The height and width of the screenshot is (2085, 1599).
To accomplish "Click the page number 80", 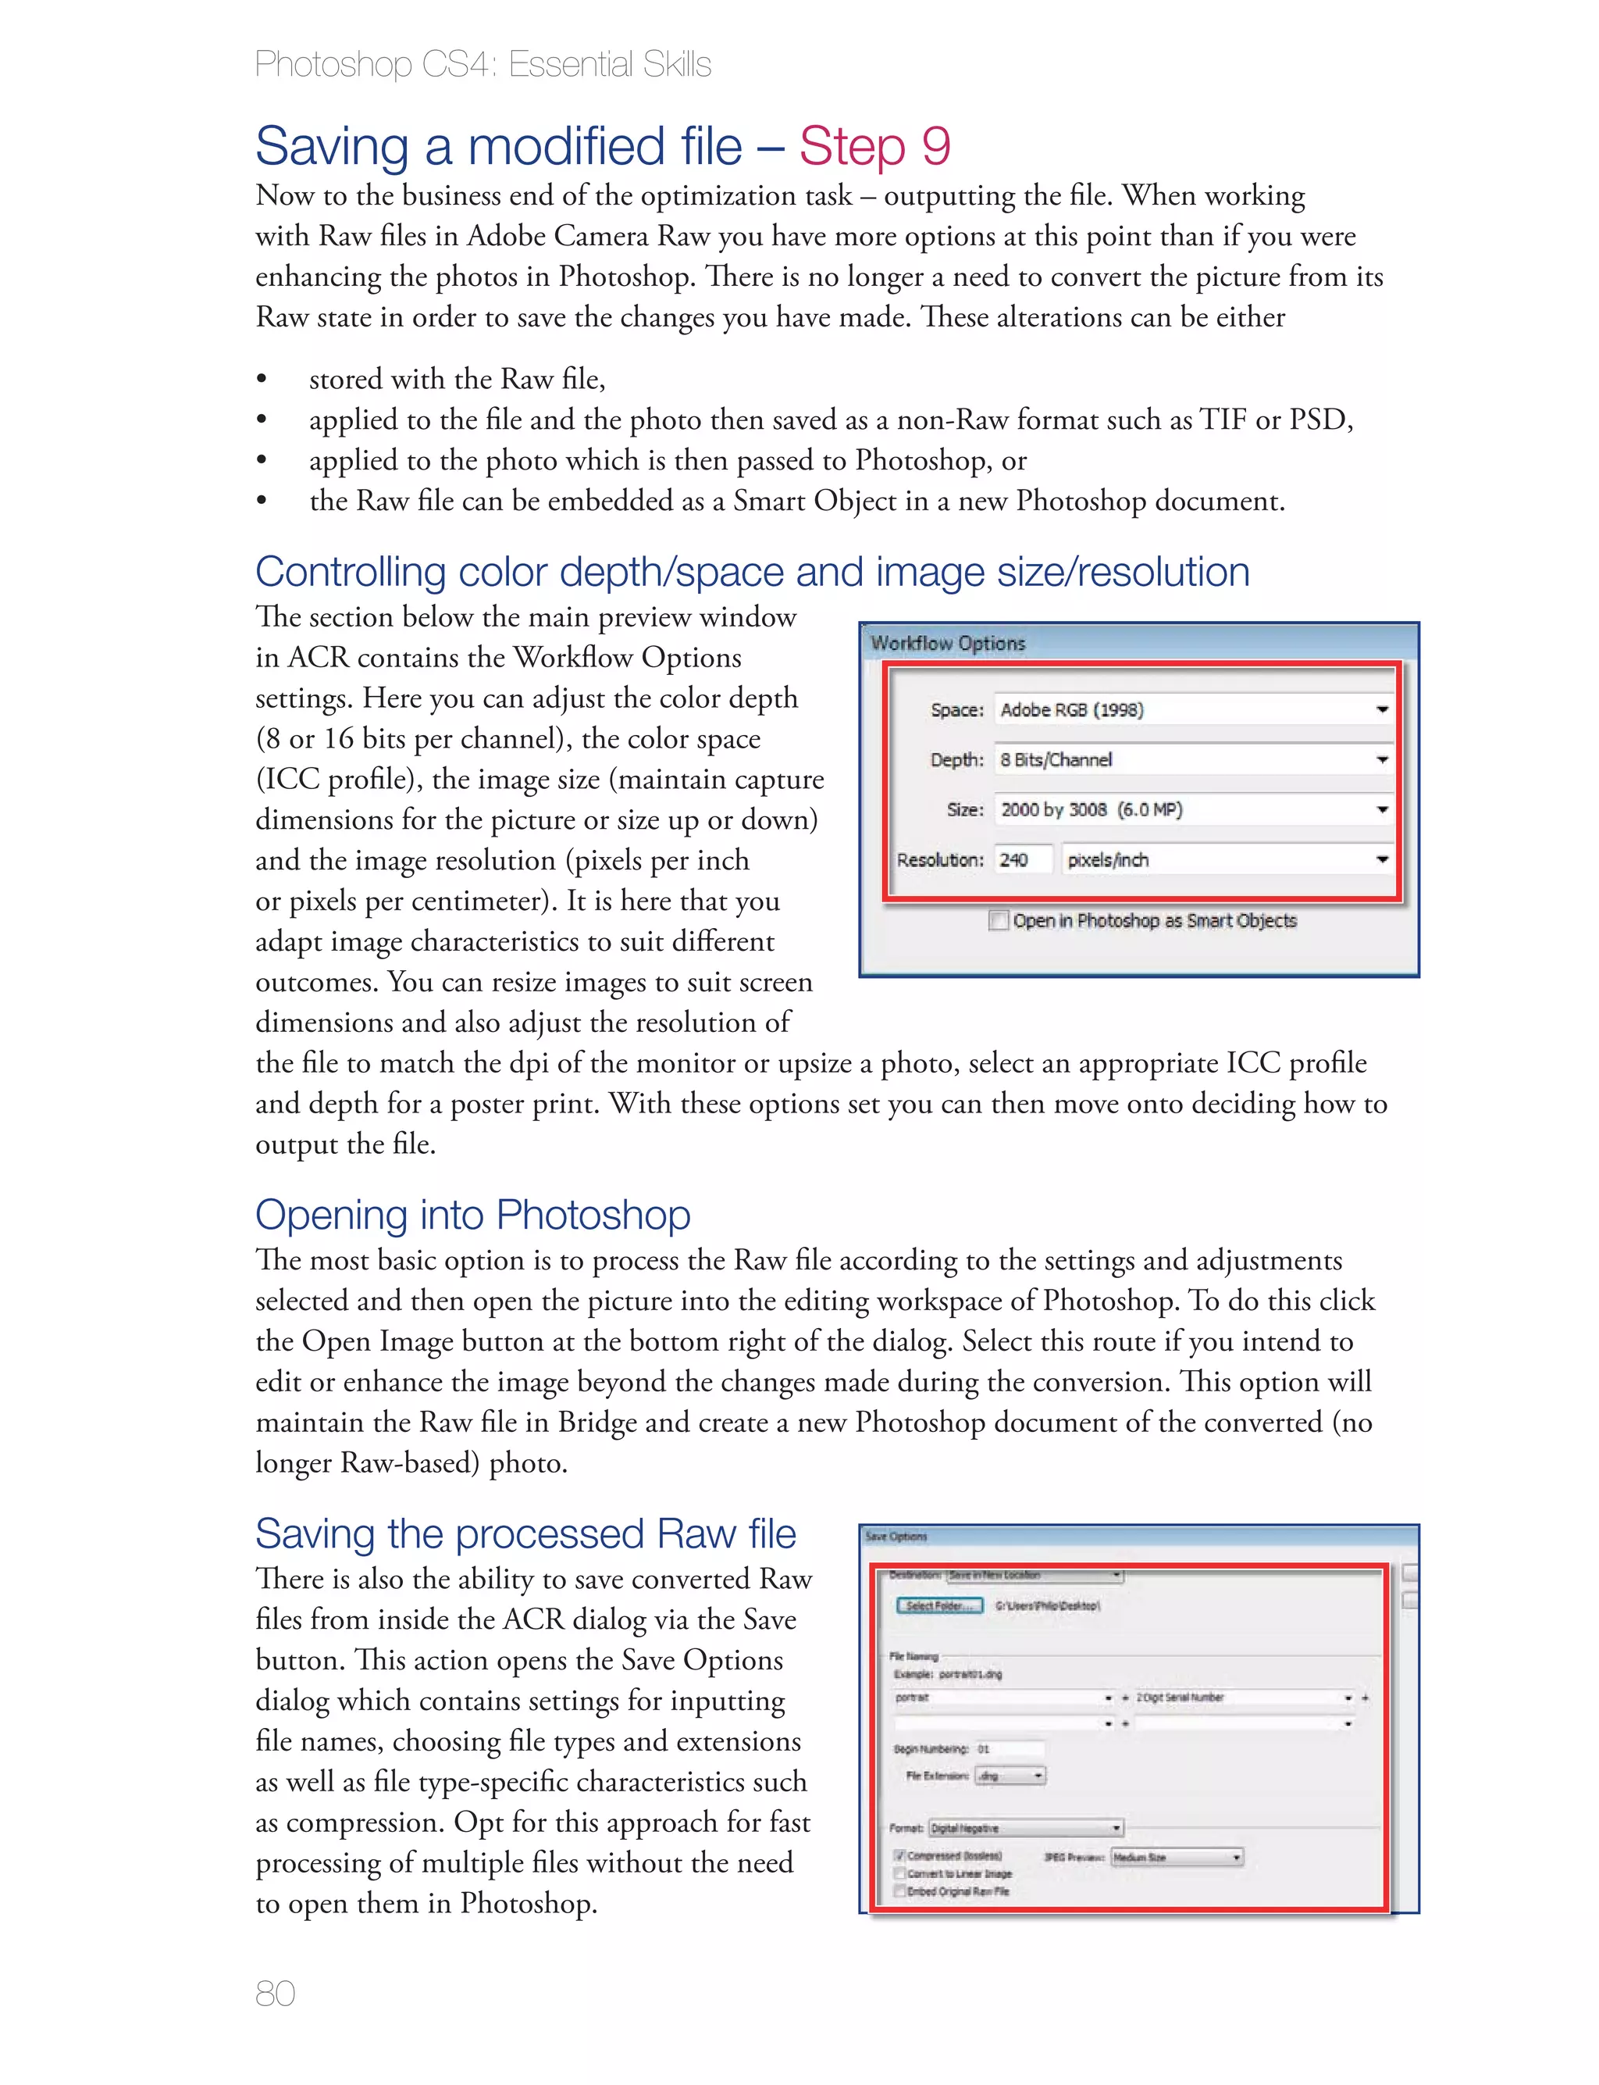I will pyautogui.click(x=275, y=1993).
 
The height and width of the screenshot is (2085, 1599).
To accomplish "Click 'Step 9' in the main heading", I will pyautogui.click(x=874, y=147).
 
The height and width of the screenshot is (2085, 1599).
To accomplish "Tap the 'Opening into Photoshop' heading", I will pyautogui.click(x=472, y=1215).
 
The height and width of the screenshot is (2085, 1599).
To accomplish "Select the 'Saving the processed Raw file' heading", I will pyautogui.click(x=525, y=1533).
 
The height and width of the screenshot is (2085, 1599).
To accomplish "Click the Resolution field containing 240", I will pyautogui.click(x=1022, y=860).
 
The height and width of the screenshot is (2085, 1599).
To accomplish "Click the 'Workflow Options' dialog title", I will pyautogui.click(x=948, y=644).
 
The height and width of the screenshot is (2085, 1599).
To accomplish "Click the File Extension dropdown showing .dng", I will pyautogui.click(x=1011, y=1776).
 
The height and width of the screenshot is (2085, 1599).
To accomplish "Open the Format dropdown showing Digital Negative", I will pyautogui.click(x=1026, y=1828).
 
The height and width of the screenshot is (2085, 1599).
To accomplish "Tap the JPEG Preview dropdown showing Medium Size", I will pyautogui.click(x=1177, y=1858).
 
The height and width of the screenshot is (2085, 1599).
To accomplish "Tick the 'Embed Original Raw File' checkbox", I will pyautogui.click(x=899, y=1892).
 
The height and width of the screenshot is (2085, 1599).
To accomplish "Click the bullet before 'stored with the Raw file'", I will pyautogui.click(x=262, y=380).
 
